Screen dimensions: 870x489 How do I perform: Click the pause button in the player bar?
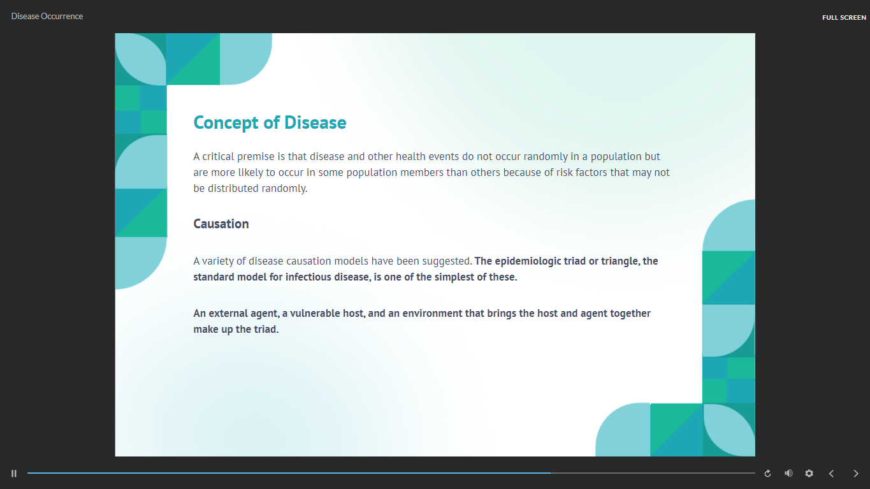14,474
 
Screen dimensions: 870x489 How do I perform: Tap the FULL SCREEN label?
844,17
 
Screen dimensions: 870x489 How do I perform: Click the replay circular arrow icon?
767,474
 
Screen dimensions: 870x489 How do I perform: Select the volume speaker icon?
788,473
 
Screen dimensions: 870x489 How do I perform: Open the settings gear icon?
809,473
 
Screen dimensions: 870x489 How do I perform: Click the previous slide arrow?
831,474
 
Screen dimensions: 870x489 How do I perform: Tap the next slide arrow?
856,474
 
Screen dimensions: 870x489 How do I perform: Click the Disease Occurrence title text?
47,17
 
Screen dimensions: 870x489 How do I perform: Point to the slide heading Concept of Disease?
270,123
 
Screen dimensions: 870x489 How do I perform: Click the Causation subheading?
221,224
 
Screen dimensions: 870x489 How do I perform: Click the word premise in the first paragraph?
256,157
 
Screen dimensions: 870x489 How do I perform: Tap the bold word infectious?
308,277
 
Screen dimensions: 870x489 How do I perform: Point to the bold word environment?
432,314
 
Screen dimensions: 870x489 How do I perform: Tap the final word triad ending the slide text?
266,330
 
